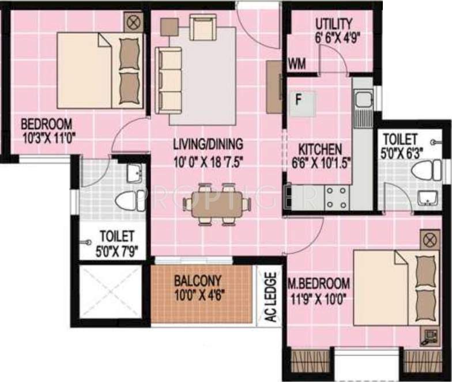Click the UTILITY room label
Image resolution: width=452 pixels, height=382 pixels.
pyautogui.click(x=334, y=24)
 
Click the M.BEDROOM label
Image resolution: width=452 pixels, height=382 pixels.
pyautogui.click(x=319, y=283)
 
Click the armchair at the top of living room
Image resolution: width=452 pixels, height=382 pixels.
pyautogui.click(x=202, y=27)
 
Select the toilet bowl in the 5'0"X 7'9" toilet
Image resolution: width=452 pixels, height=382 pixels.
pyautogui.click(x=129, y=200)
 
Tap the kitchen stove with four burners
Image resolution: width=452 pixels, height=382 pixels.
pyautogui.click(x=336, y=196)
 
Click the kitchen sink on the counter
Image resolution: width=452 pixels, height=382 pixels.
pyautogui.click(x=363, y=100)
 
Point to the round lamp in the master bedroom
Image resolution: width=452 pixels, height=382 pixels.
pyautogui.click(x=428, y=239)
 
